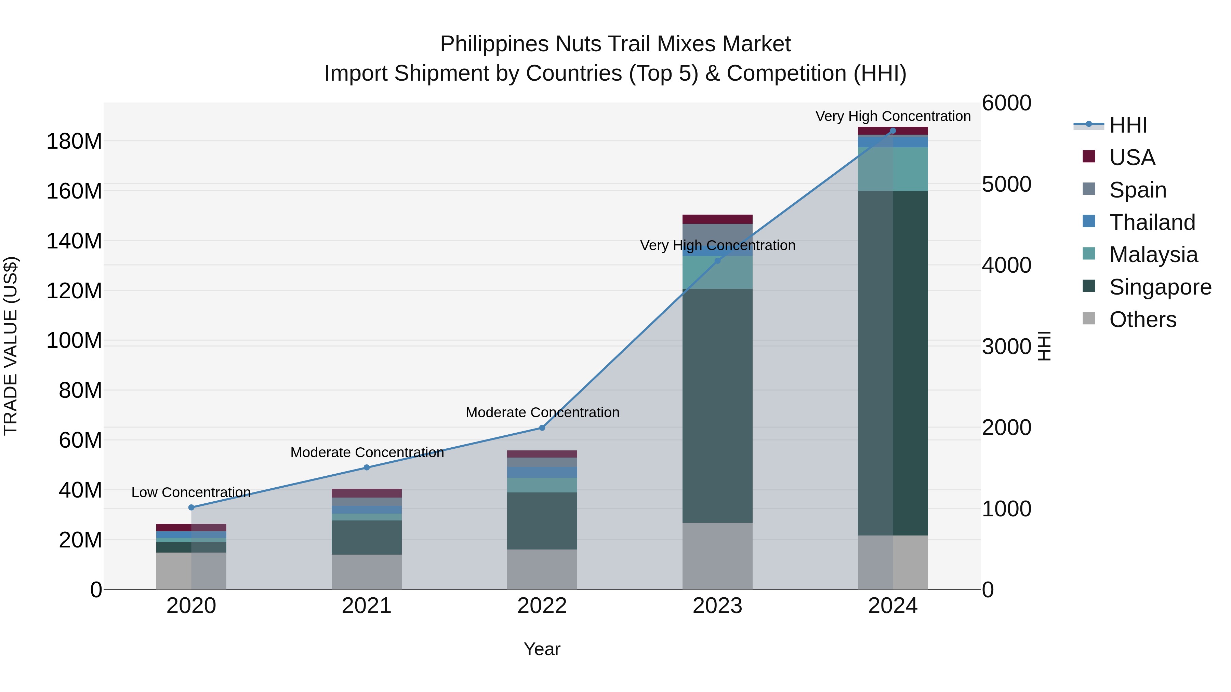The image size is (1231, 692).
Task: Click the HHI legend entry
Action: [x=1127, y=125]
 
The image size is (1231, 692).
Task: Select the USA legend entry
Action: [x=1131, y=158]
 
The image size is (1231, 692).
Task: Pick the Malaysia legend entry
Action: [x=1153, y=255]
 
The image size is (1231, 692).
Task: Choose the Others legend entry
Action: [x=1142, y=320]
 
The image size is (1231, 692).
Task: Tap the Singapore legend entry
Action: [x=1160, y=287]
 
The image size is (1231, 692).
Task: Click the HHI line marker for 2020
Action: [x=191, y=507]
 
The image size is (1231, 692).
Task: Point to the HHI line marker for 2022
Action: [x=542, y=428]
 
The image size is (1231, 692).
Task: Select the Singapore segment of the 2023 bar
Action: [x=717, y=406]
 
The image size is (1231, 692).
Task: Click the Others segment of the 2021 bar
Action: [x=367, y=572]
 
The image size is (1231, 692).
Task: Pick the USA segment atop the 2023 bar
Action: [x=717, y=219]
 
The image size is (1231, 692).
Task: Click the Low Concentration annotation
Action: [x=191, y=492]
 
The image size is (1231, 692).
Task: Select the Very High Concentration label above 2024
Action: [x=893, y=116]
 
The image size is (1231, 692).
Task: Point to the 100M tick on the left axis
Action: [x=74, y=340]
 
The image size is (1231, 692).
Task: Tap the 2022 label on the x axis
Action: [x=542, y=606]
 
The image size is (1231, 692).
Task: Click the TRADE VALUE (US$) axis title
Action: [x=11, y=346]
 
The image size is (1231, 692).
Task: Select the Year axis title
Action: [x=542, y=649]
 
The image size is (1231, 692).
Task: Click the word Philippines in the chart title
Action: [x=494, y=44]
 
